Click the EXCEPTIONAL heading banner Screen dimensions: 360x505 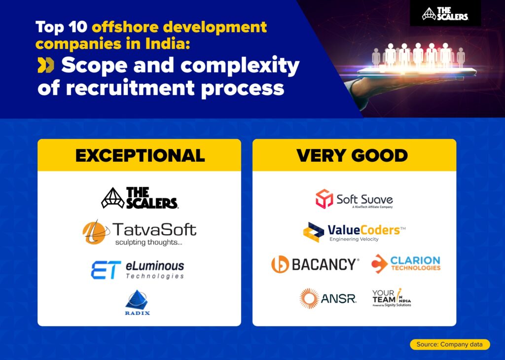coord(140,155)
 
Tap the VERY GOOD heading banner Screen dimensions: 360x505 coord(354,155)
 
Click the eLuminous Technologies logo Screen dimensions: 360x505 coord(138,270)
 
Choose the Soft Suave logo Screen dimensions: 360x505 coord(354,199)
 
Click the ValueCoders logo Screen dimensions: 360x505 coord(354,232)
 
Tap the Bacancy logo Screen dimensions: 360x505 coord(315,264)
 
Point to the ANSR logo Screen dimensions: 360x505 coord(327,298)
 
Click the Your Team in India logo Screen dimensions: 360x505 coord(392,298)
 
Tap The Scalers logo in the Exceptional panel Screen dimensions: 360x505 coord(140,198)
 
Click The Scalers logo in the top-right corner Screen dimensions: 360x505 coord(445,14)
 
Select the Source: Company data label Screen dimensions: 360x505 coord(450,344)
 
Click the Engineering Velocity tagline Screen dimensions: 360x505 coord(354,239)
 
